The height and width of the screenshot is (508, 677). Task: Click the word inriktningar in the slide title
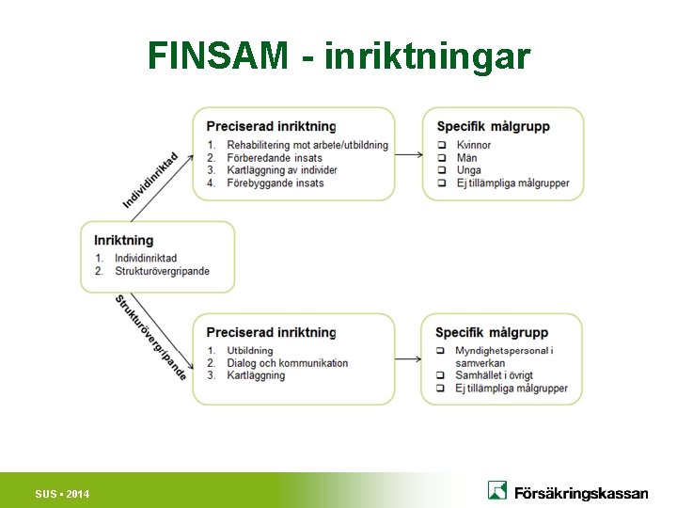427,56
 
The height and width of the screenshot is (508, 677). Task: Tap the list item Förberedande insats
275,158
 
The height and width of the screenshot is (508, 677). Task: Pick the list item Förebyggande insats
275,183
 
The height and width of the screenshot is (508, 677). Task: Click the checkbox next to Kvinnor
442,145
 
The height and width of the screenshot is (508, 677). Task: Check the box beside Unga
442,170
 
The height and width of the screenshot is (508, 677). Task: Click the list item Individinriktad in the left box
146,258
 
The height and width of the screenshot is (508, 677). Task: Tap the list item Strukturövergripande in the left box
162,271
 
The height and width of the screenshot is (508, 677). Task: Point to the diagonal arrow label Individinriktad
150,180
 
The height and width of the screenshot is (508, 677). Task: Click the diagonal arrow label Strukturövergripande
150,337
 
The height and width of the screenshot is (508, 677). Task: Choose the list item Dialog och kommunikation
288,363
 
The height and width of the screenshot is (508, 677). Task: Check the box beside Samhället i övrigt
441,375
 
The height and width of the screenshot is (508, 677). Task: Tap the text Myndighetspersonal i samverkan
504,357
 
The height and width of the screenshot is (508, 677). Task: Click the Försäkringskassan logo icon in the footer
497,490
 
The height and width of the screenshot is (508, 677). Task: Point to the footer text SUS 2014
62,494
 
